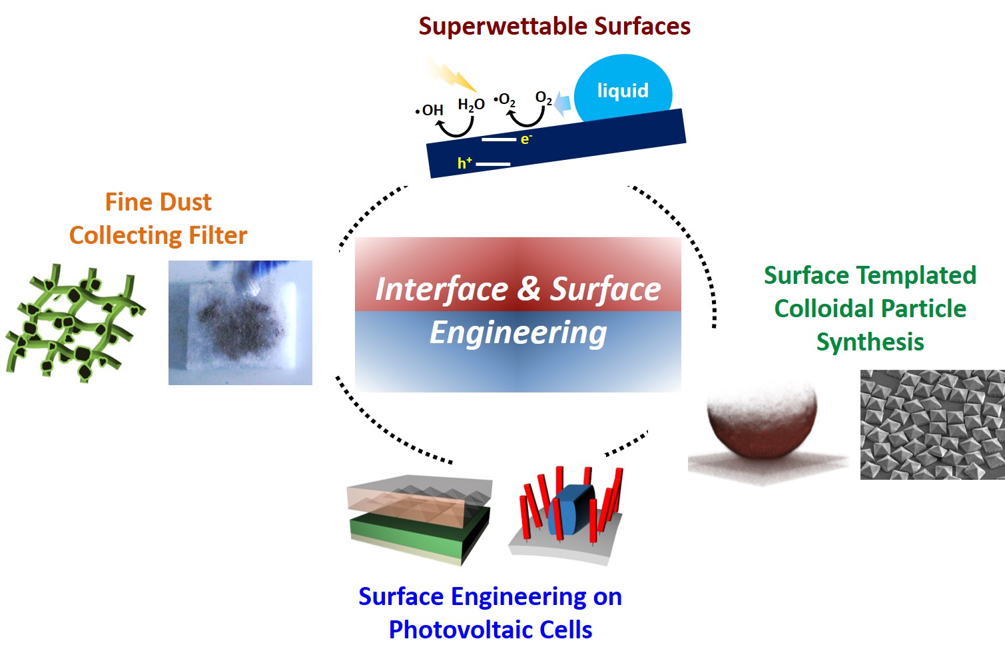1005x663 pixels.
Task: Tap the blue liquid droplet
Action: pos(623,91)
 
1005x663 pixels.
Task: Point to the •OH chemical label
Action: pos(430,110)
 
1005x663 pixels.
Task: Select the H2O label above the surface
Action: pos(471,105)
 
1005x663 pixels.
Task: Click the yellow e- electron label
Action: pos(526,139)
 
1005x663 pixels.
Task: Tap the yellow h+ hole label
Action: pos(464,163)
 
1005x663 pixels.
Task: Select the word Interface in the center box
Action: pos(441,289)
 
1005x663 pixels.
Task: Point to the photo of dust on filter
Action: pos(240,323)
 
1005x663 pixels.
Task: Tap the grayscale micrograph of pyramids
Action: pos(932,424)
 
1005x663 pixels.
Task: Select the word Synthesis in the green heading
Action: pos(870,342)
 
